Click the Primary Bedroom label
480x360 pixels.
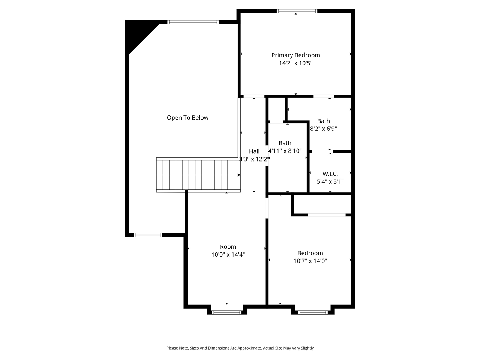pyautogui.click(x=295, y=55)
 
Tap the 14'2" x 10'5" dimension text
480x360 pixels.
pyautogui.click(x=295, y=63)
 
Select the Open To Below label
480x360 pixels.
pyautogui.click(x=187, y=118)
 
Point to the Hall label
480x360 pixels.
pyautogui.click(x=254, y=151)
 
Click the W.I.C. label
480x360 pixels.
pyautogui.click(x=330, y=174)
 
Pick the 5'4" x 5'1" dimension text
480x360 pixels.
pyautogui.click(x=330, y=181)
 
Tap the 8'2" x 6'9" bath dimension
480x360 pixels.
pyautogui.click(x=324, y=129)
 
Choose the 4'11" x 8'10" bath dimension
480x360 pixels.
pyautogui.click(x=285, y=151)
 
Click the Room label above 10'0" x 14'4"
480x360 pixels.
pyautogui.click(x=228, y=246)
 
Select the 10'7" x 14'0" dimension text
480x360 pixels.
pyautogui.click(x=310, y=261)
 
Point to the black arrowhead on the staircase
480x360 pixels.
pyautogui.click(x=239, y=175)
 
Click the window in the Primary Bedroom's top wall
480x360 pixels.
pyautogui.click(x=297, y=11)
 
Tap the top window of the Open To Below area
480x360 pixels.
pyautogui.click(x=193, y=22)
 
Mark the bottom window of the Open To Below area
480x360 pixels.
pyautogui.click(x=148, y=235)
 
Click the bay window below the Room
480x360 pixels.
pyautogui.click(x=226, y=312)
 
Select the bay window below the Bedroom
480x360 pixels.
pyautogui.click(x=313, y=312)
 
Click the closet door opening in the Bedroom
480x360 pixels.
pyautogui.click(x=327, y=215)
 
